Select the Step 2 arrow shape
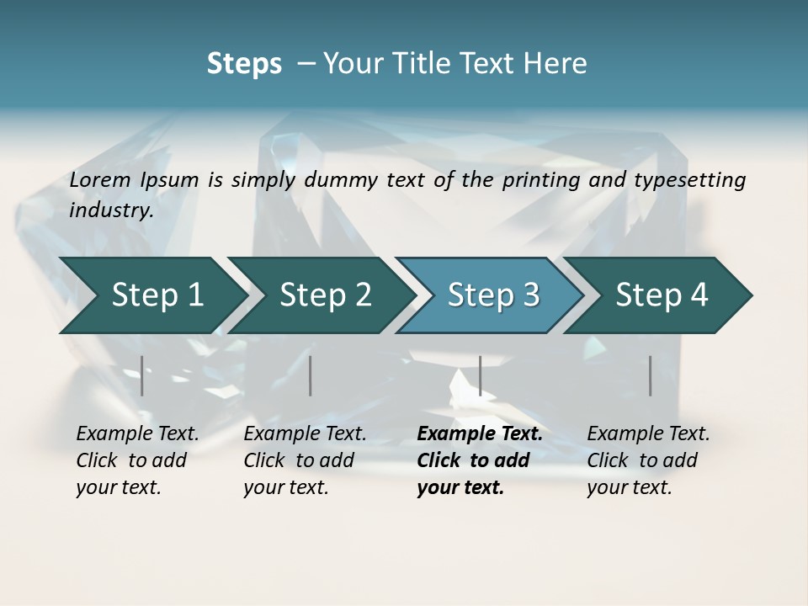click(x=325, y=295)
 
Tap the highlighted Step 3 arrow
click(x=493, y=295)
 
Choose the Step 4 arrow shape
click(x=662, y=295)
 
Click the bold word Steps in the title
click(x=244, y=63)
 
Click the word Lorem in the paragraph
click(x=100, y=179)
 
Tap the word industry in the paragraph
click(x=111, y=210)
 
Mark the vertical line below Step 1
click(x=142, y=375)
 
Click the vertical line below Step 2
click(x=311, y=375)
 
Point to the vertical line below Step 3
click(x=480, y=375)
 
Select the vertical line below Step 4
click(x=651, y=375)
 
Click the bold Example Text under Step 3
click(x=480, y=434)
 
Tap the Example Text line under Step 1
click(x=137, y=434)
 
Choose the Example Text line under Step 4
click(x=648, y=434)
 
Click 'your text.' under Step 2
click(x=285, y=487)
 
